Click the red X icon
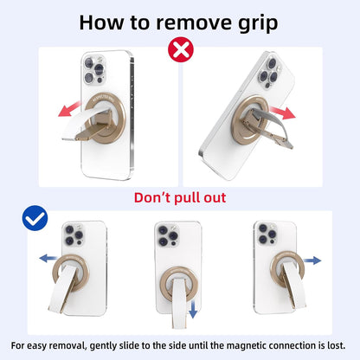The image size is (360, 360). [x=181, y=49]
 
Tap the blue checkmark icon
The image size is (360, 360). [x=35, y=218]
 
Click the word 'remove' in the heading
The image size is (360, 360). [x=194, y=22]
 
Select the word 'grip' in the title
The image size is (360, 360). [x=258, y=23]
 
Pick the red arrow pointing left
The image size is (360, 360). [x=69, y=109]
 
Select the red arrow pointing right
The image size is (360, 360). [x=283, y=112]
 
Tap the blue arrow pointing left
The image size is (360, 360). [x=48, y=258]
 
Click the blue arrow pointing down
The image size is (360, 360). [x=193, y=308]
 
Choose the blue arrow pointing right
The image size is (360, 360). [x=312, y=260]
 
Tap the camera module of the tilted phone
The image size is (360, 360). [x=269, y=72]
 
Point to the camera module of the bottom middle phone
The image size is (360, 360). [x=168, y=235]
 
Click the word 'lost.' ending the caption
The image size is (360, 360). [x=336, y=345]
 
